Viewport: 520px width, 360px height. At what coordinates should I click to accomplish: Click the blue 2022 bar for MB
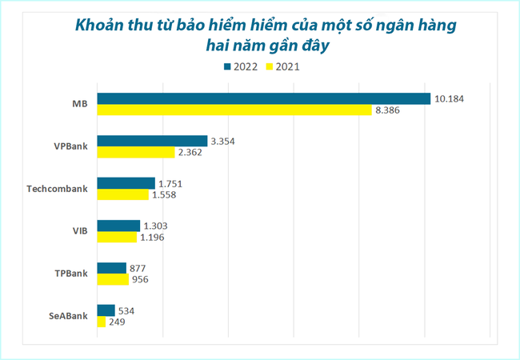(x=264, y=98)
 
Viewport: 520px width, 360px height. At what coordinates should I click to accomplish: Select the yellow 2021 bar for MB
(x=234, y=110)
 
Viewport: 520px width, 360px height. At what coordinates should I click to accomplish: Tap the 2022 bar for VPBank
(x=152, y=141)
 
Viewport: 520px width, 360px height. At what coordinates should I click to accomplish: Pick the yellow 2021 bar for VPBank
(x=136, y=152)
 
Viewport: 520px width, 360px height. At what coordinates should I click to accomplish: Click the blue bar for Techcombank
(x=126, y=183)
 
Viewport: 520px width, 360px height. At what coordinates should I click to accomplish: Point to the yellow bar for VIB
(x=117, y=237)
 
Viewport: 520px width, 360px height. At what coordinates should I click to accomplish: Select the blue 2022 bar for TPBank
(x=111, y=268)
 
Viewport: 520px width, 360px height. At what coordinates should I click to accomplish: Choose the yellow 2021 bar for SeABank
(x=101, y=322)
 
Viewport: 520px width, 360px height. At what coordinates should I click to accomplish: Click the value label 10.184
(x=449, y=98)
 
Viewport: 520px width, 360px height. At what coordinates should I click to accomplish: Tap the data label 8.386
(x=390, y=110)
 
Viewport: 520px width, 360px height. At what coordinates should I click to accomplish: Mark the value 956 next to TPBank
(x=139, y=279)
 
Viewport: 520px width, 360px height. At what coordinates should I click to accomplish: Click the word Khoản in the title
(x=101, y=25)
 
